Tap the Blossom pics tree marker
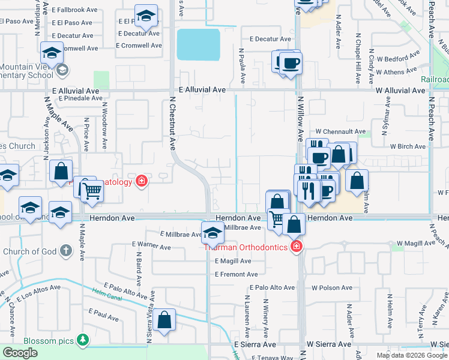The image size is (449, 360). pyautogui.click(x=82, y=341)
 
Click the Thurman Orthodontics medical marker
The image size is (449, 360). pyautogui.click(x=295, y=247)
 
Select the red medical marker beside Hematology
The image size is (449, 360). pyautogui.click(x=142, y=181)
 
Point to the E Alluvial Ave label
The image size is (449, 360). pyautogui.click(x=76, y=90)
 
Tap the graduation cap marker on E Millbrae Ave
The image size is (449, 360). pyautogui.click(x=212, y=233)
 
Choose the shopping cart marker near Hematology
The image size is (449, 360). pyautogui.click(x=92, y=191)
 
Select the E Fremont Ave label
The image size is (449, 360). pyautogui.click(x=236, y=275)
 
